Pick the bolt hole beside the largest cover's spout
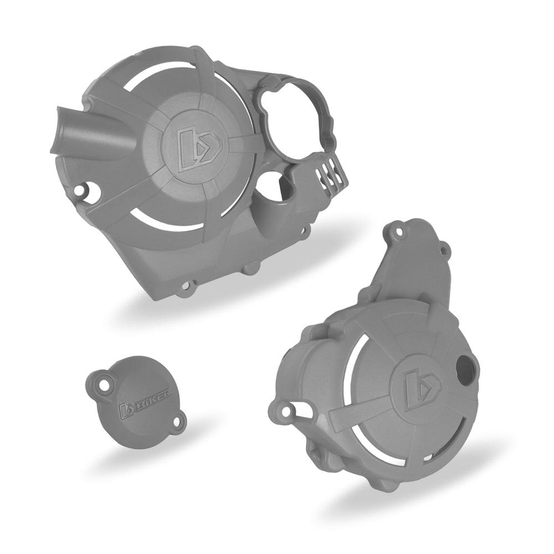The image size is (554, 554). tap(83, 191)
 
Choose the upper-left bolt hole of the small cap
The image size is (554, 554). tap(103, 381)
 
